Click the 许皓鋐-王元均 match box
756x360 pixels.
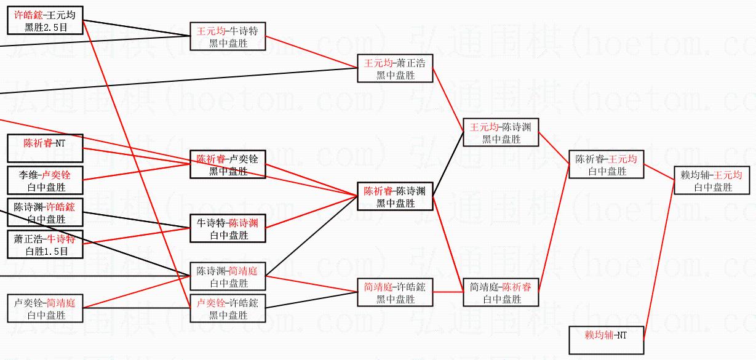pyautogui.click(x=45, y=20)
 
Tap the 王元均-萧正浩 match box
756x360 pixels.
pyautogui.click(x=396, y=68)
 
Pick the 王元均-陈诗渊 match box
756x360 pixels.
pyautogui.click(x=501, y=132)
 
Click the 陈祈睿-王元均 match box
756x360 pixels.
pyautogui.click(x=606, y=164)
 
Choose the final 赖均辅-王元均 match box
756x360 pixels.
pyautogui.click(x=712, y=180)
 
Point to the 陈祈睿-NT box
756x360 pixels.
pyautogui.click(x=45, y=148)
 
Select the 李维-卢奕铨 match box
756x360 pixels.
pyautogui.click(x=45, y=180)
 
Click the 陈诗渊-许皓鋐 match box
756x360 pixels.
pyautogui.click(x=45, y=212)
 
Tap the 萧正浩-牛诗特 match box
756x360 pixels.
pyautogui.click(x=45, y=244)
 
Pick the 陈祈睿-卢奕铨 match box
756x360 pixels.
pyautogui.click(x=228, y=164)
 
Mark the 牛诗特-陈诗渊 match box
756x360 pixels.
pyautogui.click(x=228, y=228)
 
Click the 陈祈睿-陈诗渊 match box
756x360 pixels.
pyautogui.click(x=396, y=196)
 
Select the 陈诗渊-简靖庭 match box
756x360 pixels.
pyautogui.click(x=228, y=276)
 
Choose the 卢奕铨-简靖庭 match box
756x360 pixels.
pyautogui.click(x=45, y=308)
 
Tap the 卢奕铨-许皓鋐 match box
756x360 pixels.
pyautogui.click(x=228, y=308)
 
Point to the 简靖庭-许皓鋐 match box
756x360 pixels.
pyautogui.click(x=396, y=292)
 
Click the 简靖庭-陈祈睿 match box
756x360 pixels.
pyautogui.click(x=501, y=292)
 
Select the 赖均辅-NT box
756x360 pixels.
pyautogui.click(x=606, y=340)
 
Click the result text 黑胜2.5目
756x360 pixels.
pyautogui.click(x=45, y=27)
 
